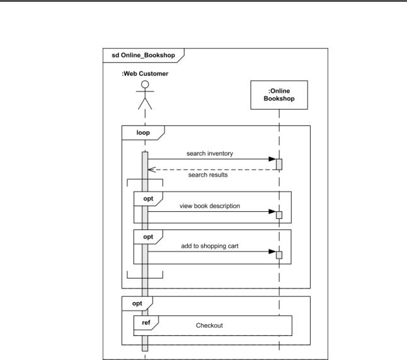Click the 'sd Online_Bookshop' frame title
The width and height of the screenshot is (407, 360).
(x=143, y=55)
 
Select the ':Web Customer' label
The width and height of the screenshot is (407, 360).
(x=145, y=74)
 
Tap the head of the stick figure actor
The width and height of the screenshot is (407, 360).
(x=145, y=84)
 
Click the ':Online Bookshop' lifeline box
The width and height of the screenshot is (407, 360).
(x=279, y=95)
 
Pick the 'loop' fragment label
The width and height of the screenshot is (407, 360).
(x=143, y=133)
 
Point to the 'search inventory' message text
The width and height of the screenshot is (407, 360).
(x=210, y=153)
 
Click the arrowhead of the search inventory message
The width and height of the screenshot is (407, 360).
(x=272, y=159)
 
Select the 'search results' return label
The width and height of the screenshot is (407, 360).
(x=208, y=175)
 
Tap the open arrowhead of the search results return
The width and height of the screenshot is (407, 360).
(x=152, y=170)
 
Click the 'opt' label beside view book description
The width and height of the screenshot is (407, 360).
(x=148, y=199)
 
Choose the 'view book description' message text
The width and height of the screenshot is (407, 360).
(x=210, y=206)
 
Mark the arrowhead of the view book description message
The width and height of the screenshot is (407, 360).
(x=272, y=211)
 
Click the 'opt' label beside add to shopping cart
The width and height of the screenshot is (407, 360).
(x=148, y=237)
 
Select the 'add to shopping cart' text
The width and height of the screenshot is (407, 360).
(x=210, y=246)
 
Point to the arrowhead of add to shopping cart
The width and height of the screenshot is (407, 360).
(x=272, y=252)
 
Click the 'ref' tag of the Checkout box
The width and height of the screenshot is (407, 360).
(x=146, y=323)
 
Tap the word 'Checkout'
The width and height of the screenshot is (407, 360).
(x=209, y=325)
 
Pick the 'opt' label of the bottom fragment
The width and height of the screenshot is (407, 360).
(x=137, y=303)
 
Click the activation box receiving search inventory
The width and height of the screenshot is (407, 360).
(x=279, y=165)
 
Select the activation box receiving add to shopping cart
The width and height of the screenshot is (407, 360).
(x=279, y=255)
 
